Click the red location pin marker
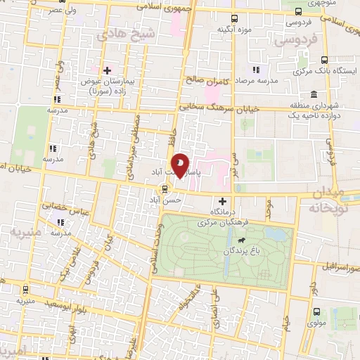(x=181, y=166)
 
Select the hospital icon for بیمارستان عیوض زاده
(x=107, y=70)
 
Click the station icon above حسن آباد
(x=164, y=188)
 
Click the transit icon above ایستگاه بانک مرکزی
(x=324, y=60)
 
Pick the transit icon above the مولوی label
(x=316, y=311)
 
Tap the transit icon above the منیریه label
(x=26, y=288)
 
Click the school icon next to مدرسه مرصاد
(x=256, y=70)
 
